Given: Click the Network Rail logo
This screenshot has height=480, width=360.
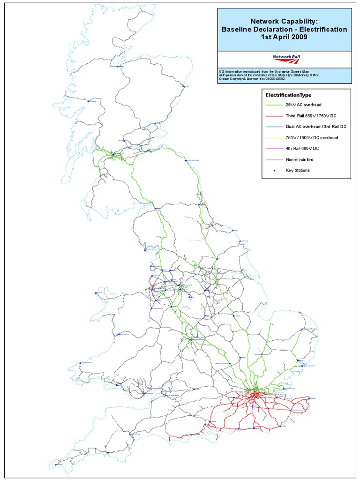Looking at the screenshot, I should click(x=286, y=59).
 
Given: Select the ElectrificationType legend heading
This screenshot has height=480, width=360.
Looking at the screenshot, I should click(x=288, y=95).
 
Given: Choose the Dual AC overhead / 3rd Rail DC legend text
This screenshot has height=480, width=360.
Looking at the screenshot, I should click(x=316, y=127).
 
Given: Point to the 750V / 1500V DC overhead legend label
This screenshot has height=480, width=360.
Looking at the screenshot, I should click(x=312, y=138).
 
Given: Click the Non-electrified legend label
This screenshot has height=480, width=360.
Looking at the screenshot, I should click(x=300, y=159).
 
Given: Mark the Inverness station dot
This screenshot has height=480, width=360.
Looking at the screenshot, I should click(x=118, y=66).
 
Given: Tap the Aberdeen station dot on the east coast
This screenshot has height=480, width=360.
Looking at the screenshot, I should click(x=182, y=86).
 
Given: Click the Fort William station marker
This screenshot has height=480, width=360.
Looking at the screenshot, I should click(x=88, y=100).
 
